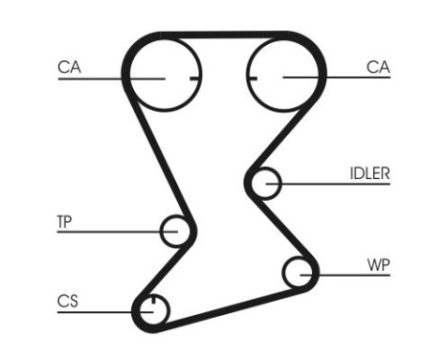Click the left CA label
(68, 67)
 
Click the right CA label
(378, 67)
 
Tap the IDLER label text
(369, 173)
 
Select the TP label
(64, 222)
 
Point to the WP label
(378, 264)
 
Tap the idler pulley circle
(264, 181)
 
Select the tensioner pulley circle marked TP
(176, 230)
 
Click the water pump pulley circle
(301, 273)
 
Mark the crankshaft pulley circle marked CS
(152, 310)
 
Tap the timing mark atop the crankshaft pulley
(152, 301)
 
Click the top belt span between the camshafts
(222, 38)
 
